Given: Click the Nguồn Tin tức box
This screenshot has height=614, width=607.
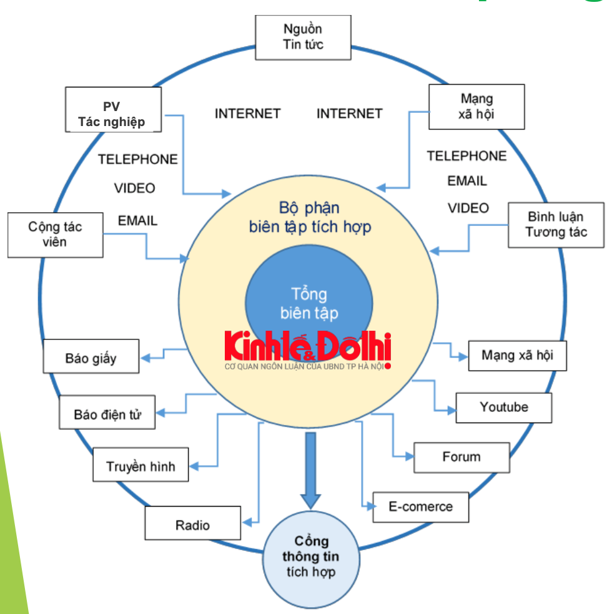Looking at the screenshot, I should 303,37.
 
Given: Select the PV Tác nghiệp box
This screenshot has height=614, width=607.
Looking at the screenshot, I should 113,109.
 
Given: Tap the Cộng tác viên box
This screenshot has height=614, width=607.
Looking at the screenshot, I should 55,235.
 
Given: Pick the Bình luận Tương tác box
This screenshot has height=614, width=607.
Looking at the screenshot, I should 556,225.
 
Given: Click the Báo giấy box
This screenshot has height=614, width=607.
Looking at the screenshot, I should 91,358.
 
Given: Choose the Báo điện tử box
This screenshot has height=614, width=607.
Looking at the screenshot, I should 107,413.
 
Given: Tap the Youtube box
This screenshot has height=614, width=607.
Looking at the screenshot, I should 503,407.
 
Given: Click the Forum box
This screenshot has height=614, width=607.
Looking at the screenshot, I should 461,457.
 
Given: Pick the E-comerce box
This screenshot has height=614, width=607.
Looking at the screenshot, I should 420,507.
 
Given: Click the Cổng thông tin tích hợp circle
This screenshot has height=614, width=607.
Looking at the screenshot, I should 310,557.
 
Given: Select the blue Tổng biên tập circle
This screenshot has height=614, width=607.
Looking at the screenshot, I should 308,293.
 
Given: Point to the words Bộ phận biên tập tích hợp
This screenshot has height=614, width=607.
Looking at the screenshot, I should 310,217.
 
